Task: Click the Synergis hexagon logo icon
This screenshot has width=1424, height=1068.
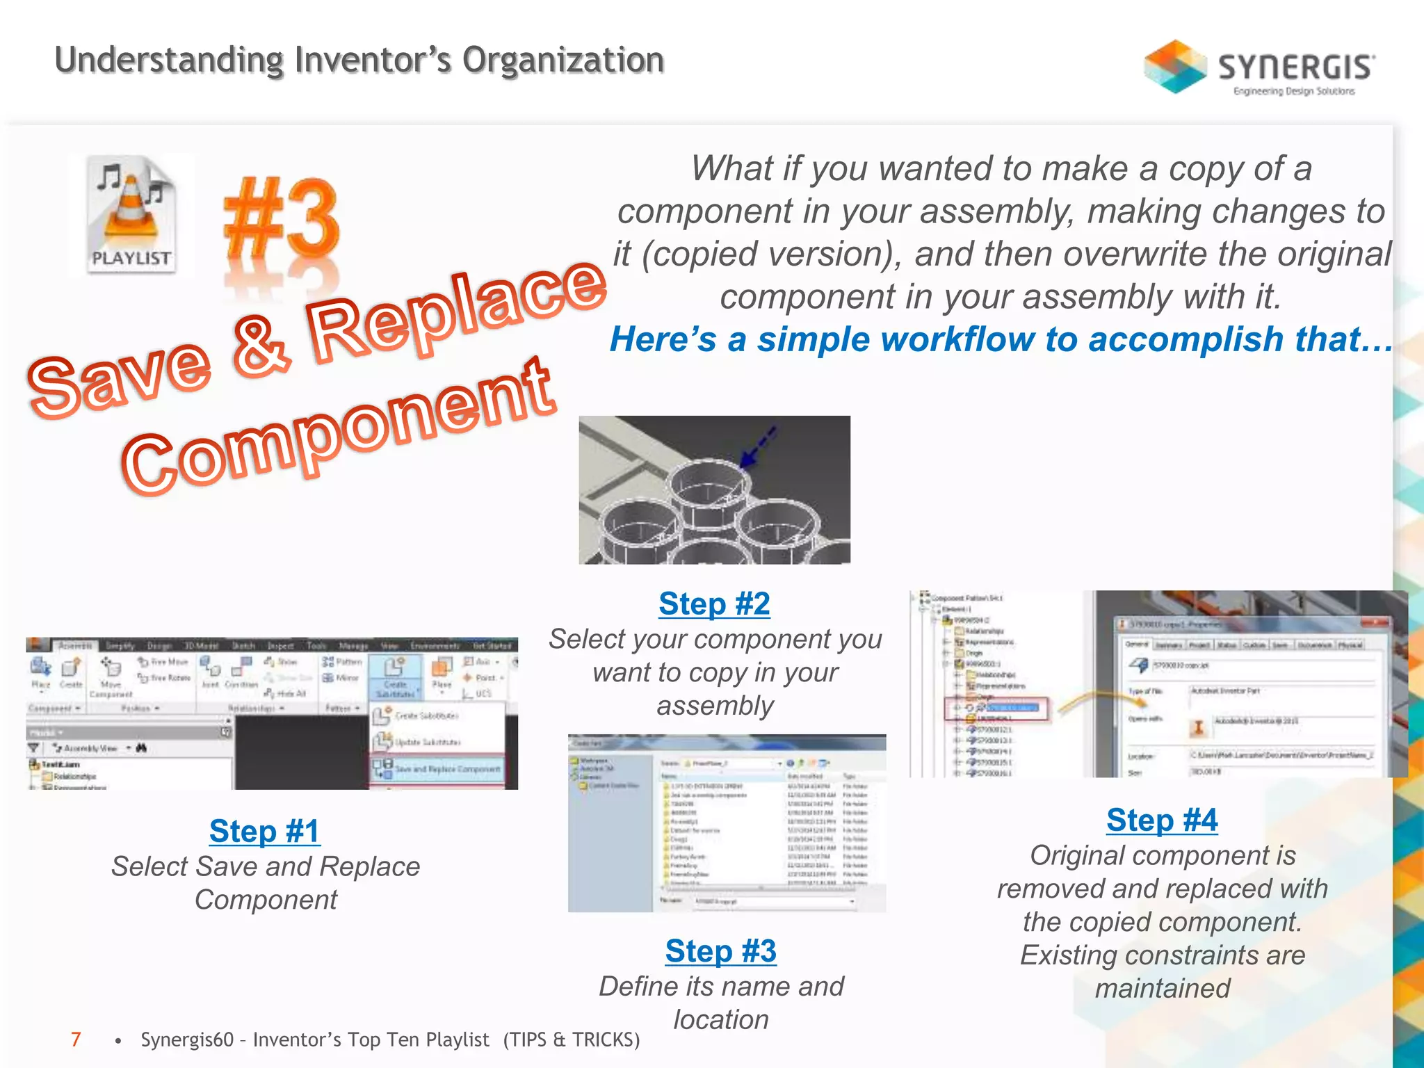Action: coord(1175,67)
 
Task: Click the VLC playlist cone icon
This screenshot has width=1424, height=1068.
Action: coord(131,212)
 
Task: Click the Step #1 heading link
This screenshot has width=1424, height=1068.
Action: coord(264,831)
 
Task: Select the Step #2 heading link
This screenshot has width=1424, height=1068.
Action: coord(714,604)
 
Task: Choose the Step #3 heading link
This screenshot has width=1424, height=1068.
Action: coord(720,950)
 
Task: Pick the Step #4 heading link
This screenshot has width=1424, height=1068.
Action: coord(1162,820)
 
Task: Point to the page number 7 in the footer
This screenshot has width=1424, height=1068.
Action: coord(76,1039)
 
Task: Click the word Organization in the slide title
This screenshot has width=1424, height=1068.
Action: coord(563,60)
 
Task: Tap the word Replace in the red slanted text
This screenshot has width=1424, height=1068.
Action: coord(455,313)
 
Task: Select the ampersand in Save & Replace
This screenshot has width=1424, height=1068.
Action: coord(261,346)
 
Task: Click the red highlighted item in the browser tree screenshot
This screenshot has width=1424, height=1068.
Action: coord(998,708)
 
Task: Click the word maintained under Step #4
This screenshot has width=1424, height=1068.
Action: coord(1163,988)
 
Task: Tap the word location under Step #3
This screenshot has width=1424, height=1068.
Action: coord(721,1019)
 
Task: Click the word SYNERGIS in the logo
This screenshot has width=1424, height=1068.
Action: coord(1295,67)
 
